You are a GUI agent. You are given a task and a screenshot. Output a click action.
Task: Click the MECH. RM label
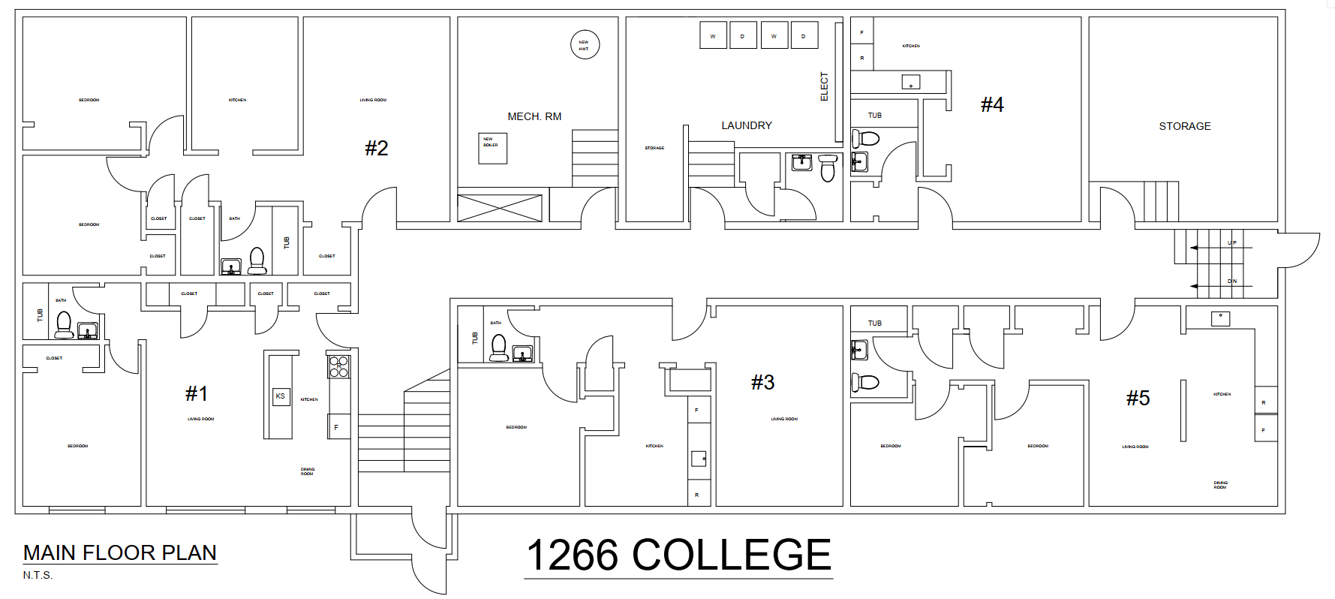534,116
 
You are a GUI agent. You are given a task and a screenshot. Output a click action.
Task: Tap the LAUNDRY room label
746,125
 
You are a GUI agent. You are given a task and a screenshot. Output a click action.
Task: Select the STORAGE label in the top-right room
1184,126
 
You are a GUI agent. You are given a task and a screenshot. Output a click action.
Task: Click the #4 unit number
991,104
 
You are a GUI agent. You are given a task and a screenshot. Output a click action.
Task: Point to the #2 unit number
376,148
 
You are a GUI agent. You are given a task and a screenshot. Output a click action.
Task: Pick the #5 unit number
1137,398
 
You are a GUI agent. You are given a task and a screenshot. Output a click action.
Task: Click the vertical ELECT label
824,86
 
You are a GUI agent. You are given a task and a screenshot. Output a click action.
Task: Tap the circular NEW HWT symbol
585,45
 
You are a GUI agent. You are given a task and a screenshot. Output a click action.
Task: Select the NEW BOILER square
493,148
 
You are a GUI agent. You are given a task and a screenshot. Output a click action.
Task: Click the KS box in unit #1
281,396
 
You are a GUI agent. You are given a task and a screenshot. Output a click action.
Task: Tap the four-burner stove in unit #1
338,366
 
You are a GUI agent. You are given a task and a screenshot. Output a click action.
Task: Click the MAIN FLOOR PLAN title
120,552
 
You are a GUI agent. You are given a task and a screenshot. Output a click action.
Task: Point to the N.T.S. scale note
38,575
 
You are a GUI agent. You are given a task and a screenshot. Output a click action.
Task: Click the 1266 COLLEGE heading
678,555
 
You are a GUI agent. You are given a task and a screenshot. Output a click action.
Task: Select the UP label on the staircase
1231,242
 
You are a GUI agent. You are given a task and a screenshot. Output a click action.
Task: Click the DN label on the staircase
1231,281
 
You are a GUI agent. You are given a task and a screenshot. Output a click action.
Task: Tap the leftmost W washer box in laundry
713,35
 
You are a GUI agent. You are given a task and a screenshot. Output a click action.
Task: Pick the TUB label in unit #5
874,324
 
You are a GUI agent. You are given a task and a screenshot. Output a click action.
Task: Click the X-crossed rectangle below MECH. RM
500,208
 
